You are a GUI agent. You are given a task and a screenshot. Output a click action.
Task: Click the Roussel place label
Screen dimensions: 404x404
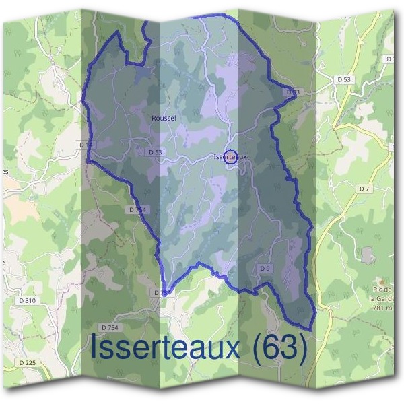click(164, 118)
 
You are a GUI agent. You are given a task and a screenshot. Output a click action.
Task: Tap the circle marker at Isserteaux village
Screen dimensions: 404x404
click(230, 156)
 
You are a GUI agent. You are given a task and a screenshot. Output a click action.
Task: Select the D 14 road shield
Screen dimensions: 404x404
click(86, 145)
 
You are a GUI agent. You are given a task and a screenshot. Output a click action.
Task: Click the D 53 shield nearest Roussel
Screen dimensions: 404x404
click(154, 152)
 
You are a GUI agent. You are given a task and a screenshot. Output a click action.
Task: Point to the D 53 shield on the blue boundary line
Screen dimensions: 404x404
click(292, 92)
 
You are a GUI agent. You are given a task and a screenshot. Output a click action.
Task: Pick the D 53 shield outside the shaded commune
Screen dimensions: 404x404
click(344, 79)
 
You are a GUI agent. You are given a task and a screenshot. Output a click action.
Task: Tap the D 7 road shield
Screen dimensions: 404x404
click(364, 189)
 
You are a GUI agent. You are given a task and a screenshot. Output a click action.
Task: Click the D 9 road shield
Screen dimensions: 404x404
click(265, 269)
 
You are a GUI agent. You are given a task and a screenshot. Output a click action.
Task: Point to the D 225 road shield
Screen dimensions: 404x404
click(27, 363)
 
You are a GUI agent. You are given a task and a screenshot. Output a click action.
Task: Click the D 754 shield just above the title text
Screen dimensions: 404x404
click(109, 327)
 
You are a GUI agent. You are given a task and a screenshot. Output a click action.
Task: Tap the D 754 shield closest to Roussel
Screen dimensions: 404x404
click(137, 210)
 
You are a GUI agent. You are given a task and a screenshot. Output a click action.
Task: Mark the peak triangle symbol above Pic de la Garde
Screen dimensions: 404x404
click(381, 281)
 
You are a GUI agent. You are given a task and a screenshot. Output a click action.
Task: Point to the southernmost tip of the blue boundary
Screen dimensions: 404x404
click(309, 329)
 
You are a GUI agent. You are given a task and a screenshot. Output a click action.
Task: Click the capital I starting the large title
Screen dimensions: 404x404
click(95, 349)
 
